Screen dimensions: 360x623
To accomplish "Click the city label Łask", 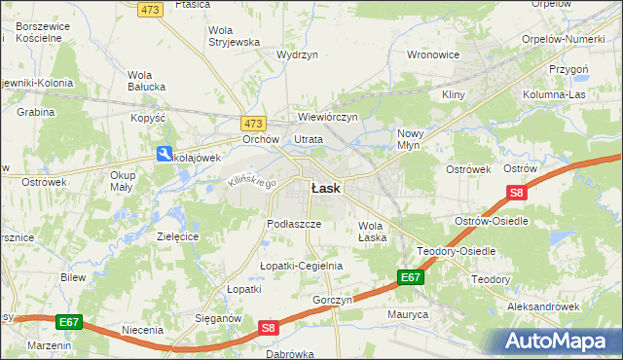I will click(325, 189).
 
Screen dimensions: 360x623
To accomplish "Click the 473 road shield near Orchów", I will click(253, 124).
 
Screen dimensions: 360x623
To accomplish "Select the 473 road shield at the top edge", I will click(149, 9).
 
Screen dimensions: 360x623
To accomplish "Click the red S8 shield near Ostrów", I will click(517, 194).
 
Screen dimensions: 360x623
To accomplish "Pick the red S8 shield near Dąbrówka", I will click(271, 330).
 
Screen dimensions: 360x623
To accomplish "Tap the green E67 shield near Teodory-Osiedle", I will click(410, 278).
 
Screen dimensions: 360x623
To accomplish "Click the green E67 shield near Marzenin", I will click(68, 321).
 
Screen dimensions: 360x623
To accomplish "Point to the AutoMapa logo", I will click(561, 342).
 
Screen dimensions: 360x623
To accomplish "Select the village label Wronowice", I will click(432, 54).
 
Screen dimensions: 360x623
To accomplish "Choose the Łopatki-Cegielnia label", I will click(301, 265).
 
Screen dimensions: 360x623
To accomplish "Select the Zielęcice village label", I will click(178, 235).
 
